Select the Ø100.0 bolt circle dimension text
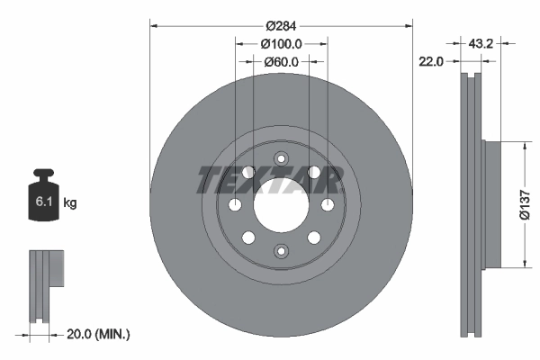click(281, 43)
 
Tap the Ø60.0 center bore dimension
click(281, 62)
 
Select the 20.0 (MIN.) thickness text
click(99, 334)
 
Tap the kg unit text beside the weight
click(70, 203)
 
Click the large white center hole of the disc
click(281, 204)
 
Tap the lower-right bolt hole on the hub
click(313, 238)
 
